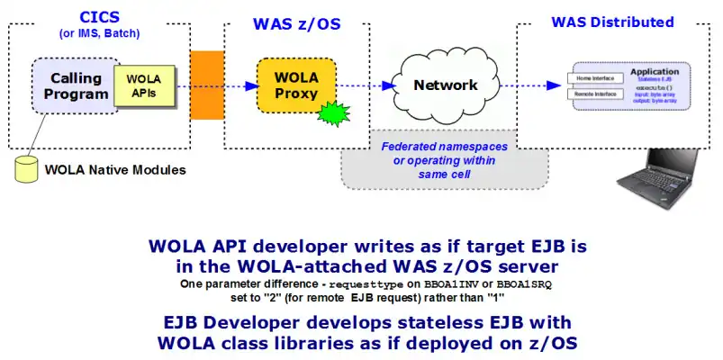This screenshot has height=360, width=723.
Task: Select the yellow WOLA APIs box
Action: click(138, 85)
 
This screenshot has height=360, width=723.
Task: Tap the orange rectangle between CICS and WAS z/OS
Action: click(206, 85)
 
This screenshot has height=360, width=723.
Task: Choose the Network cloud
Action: click(444, 86)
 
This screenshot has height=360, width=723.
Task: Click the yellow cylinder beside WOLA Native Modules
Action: click(29, 168)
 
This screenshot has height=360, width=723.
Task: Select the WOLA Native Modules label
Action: click(115, 169)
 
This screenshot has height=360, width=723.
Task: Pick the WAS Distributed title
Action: click(612, 22)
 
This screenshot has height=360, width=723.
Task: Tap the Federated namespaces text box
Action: click(444, 159)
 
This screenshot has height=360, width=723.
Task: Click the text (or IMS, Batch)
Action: click(99, 35)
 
